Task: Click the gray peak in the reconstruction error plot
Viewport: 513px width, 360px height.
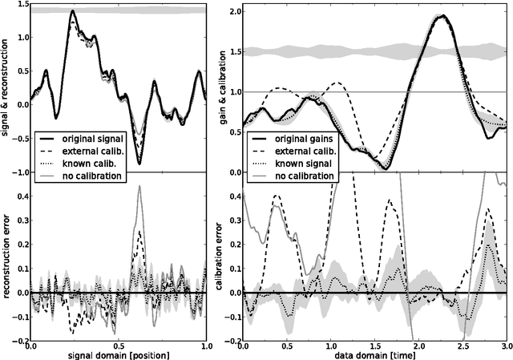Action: (x=140, y=186)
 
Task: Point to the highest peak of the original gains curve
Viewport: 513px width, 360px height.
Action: (x=442, y=16)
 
